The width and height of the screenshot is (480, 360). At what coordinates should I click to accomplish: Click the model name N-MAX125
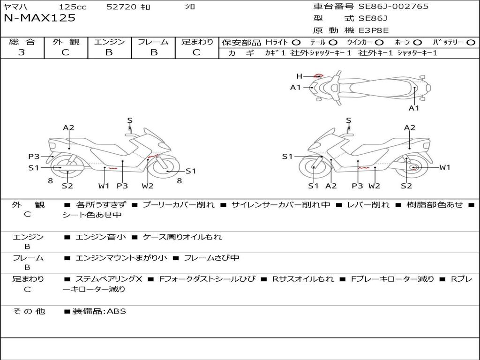pos(39,18)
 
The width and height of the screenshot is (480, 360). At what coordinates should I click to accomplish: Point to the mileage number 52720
pos(122,7)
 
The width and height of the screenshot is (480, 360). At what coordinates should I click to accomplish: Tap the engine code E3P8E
pos(374,30)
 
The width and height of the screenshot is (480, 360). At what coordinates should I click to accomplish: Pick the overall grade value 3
pos(22,52)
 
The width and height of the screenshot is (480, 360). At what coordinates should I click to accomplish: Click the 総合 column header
pos(22,42)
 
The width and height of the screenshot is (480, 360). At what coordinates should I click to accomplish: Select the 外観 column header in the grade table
pos(66,42)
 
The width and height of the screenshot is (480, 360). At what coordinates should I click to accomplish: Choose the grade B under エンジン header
pos(109,52)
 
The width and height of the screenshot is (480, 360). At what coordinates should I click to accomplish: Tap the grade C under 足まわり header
pos(196,52)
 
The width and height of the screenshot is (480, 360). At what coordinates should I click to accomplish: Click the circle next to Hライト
pos(296,43)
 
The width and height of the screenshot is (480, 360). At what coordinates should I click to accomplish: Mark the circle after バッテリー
pos(471,43)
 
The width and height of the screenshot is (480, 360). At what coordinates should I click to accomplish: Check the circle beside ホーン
pos(418,43)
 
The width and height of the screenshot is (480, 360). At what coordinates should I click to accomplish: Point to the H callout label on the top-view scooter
pos(299,76)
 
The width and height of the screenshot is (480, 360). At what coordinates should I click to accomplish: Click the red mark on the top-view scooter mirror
pos(319,75)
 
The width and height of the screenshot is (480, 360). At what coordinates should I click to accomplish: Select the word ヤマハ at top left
pos(14,7)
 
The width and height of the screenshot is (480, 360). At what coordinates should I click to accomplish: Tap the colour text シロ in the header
pos(190,7)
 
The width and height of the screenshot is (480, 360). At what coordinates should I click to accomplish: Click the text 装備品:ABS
pos(99,311)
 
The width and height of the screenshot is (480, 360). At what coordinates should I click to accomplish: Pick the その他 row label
pos(29,311)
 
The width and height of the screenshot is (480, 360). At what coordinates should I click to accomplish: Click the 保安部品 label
pos(241,43)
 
